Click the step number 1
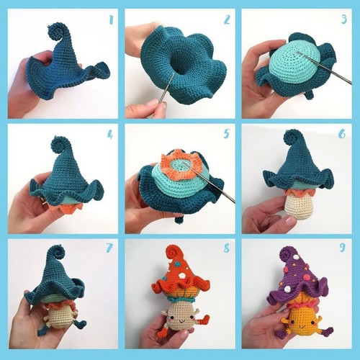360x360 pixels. pos(111,20)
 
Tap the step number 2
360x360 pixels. pos(227,19)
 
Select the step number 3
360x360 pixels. pos(344,19)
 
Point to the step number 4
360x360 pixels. pos(110,135)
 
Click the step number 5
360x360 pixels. pos(226,134)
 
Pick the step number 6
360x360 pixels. pos(342,134)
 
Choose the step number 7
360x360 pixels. pos(109,248)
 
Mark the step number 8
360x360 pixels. pos(227,248)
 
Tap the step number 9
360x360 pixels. pos(343,248)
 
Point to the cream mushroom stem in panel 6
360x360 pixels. pos(300,207)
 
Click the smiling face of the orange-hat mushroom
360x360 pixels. pos(181,320)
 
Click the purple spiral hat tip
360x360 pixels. pos(288,255)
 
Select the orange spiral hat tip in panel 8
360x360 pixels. pos(174,253)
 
